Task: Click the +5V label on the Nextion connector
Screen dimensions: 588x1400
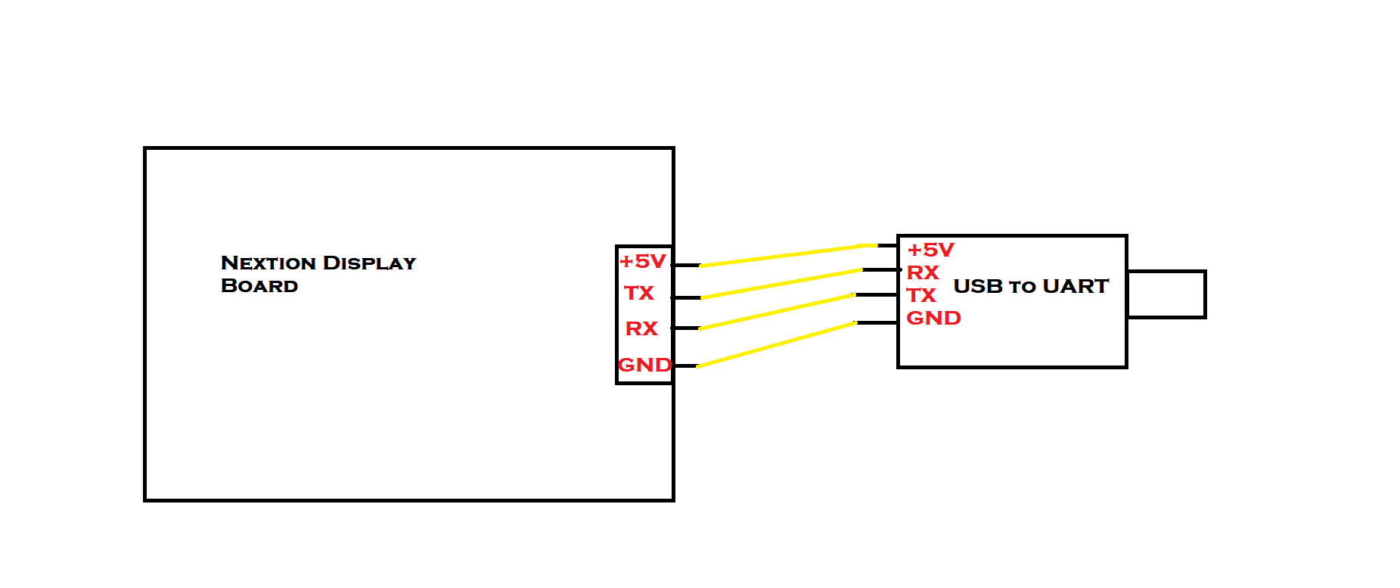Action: coord(642,262)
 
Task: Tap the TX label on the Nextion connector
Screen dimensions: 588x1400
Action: coord(639,293)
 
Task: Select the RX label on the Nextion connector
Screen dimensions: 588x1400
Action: coord(641,328)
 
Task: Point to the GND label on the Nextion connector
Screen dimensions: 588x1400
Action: coord(644,365)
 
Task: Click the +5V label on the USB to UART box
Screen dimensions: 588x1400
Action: coord(930,250)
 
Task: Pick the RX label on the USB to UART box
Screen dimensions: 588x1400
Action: coord(923,272)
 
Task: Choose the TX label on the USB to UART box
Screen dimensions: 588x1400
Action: coord(921,295)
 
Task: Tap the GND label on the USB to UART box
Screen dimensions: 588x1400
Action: coord(933,318)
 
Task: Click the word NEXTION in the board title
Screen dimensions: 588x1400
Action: coord(269,263)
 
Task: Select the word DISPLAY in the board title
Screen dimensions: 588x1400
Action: coord(369,263)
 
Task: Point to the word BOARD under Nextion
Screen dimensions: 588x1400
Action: coord(259,286)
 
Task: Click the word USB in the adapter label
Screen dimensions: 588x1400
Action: coord(978,286)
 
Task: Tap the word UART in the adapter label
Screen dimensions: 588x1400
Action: coord(1076,286)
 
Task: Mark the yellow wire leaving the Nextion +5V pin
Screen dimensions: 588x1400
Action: coord(779,256)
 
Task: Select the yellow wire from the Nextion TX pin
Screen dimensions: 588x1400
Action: coord(781,283)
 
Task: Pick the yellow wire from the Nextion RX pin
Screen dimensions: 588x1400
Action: coord(777,311)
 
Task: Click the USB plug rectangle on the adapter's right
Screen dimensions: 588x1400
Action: coord(1166,294)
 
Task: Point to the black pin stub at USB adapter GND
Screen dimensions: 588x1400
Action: coord(877,323)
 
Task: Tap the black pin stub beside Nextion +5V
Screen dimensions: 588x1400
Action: coord(686,265)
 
